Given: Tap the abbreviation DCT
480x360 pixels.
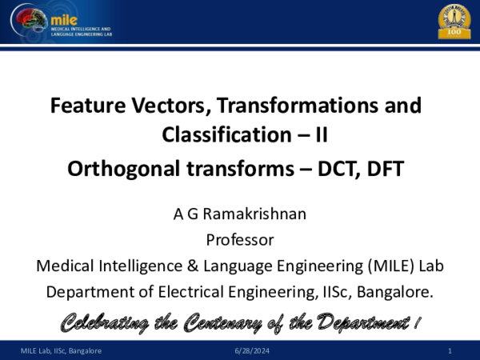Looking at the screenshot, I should (x=338, y=169).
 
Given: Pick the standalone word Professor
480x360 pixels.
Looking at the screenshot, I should (x=240, y=240).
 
